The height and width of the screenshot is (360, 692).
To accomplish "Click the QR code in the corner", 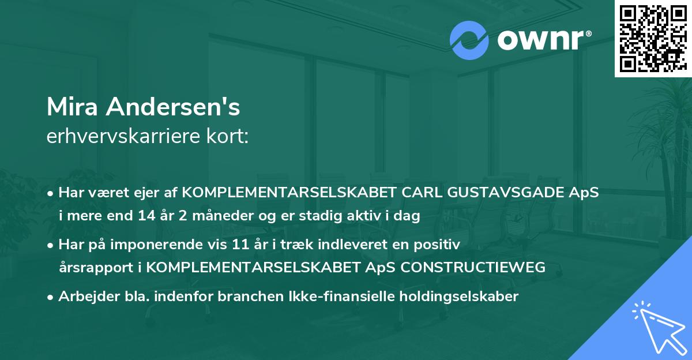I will coord(653,38).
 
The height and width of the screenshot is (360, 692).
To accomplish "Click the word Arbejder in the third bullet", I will coord(83,297).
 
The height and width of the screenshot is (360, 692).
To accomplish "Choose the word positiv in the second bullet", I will coord(439,245).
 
